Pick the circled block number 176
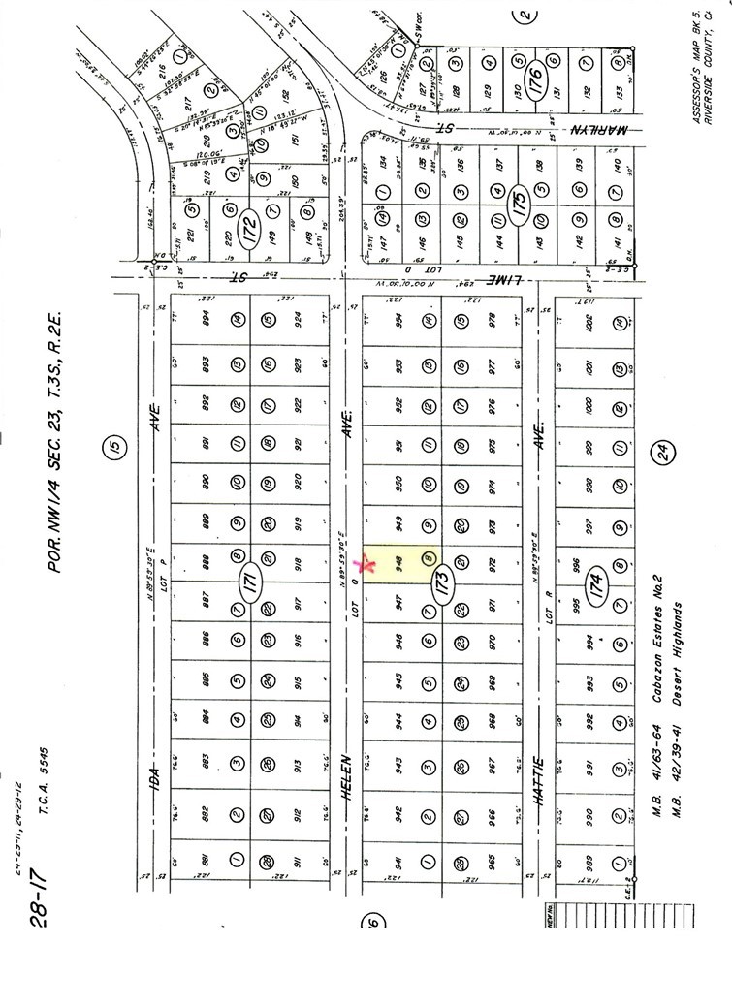[x=531, y=75]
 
